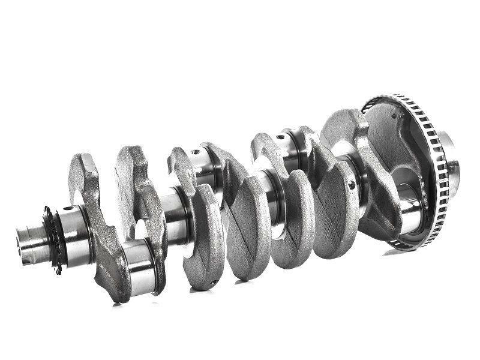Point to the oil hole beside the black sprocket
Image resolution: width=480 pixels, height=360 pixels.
coord(67,209)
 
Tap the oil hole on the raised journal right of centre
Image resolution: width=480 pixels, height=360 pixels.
coord(279,137)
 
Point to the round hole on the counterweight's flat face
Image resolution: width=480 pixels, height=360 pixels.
coord(351,184)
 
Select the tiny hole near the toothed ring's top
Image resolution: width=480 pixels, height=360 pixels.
coord(394,116)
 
